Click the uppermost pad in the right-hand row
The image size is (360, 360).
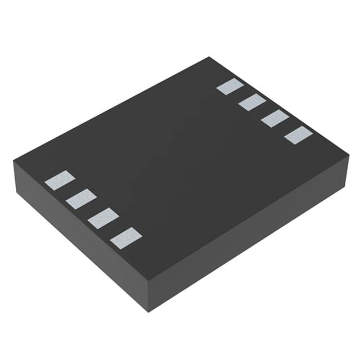coord(230,87)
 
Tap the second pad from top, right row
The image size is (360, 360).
coord(252,102)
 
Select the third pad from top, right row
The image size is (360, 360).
coord(275,119)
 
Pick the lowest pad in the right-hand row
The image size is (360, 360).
coord(298,135)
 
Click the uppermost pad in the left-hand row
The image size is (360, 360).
coord(60,180)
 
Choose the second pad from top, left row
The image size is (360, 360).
coord(81,199)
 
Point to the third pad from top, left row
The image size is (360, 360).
coord(103,218)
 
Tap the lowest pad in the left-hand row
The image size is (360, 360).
coord(126,237)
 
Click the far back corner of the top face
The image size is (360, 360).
coord(209,57)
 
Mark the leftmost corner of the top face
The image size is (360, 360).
coord(13,161)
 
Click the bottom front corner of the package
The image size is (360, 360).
coord(147,311)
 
